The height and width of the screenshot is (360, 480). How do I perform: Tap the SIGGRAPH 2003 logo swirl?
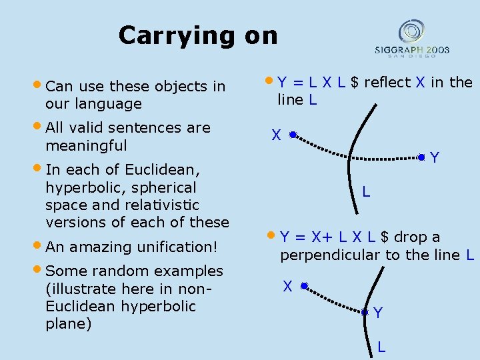pos(411,32)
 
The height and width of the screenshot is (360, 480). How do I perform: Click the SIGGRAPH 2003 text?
pos(411,50)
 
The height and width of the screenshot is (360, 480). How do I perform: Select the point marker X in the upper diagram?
pos(292,134)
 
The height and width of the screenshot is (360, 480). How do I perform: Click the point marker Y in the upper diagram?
pos(421,157)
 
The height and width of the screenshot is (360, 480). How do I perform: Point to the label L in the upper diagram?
pos(366,192)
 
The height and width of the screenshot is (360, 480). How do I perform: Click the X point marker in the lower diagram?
pos(303,286)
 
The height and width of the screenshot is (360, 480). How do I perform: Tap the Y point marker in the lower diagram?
pos(365,311)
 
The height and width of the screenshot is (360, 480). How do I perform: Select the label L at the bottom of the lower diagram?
pos(381,347)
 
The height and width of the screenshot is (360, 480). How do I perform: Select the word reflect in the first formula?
pos(387,83)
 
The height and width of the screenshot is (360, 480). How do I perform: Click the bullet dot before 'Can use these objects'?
pos(38,85)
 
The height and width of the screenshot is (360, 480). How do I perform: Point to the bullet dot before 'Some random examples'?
pos(38,271)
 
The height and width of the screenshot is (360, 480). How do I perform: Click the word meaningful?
pos(86,145)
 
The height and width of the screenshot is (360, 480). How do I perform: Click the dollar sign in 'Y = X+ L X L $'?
pos(385,237)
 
